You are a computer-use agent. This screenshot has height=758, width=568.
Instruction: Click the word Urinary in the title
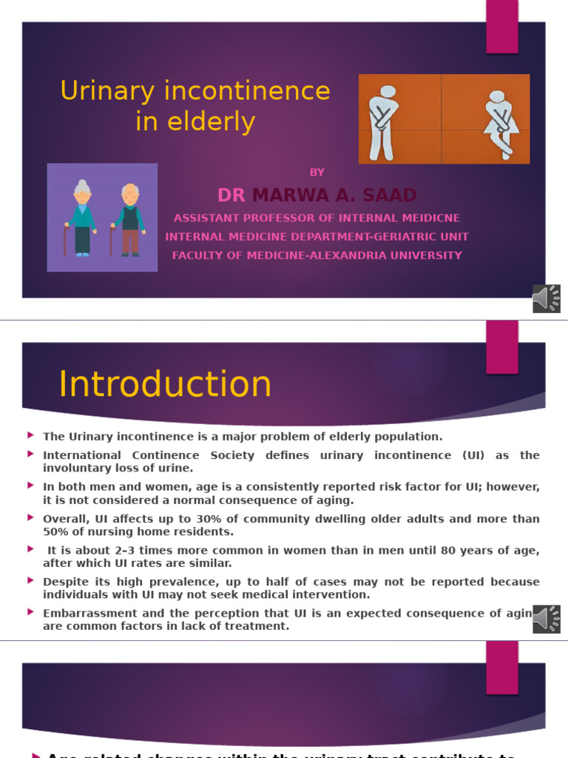tap(108, 92)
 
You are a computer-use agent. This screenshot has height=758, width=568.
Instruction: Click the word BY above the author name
tap(317, 172)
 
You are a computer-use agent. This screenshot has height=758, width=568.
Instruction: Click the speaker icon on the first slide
tap(546, 298)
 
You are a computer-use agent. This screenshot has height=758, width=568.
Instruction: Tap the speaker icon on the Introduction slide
tap(546, 619)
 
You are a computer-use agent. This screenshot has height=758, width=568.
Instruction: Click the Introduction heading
tap(165, 385)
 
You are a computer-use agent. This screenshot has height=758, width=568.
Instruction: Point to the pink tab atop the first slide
tap(501, 27)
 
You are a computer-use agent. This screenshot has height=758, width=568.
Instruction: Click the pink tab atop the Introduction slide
tap(501, 346)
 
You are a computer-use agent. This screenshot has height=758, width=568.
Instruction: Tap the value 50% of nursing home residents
tap(55, 531)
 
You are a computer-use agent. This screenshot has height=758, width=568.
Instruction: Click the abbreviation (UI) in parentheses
tap(473, 455)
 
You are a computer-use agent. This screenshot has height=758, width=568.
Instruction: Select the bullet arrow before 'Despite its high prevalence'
tap(30, 581)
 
